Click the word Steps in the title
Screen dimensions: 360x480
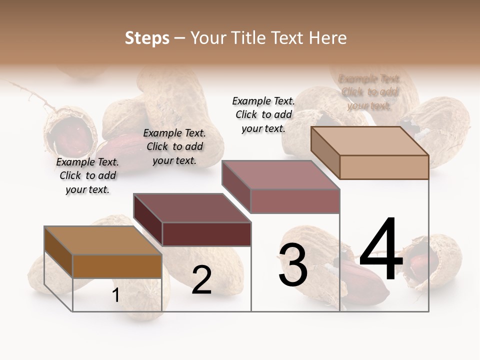[146, 38]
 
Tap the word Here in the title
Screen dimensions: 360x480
[326, 38]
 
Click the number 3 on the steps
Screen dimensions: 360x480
[293, 265]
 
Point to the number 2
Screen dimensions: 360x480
[201, 280]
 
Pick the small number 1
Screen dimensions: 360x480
[115, 295]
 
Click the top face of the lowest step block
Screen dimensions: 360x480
[103, 240]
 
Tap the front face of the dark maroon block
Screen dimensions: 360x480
[206, 234]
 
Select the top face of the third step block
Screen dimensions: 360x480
[280, 175]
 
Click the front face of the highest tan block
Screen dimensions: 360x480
[383, 167]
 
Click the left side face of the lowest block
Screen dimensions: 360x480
[58, 253]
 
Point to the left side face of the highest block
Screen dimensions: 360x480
[325, 149]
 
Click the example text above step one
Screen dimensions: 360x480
[87, 176]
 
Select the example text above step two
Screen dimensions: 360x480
[174, 147]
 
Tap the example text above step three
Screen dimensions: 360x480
[263, 114]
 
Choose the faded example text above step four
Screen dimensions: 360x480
[369, 92]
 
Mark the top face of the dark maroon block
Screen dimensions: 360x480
[192, 208]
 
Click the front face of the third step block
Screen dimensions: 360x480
[295, 201]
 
